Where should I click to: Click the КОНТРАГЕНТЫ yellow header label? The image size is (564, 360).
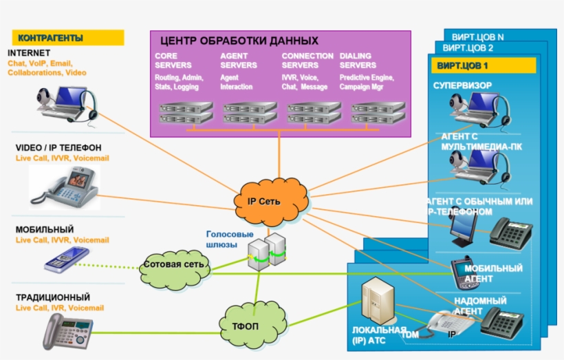tap(67, 38)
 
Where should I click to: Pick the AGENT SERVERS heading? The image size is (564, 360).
tap(239, 61)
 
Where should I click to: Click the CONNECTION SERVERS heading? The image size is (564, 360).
tap(307, 61)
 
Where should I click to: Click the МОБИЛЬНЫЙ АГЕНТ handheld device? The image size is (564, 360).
tap(459, 271)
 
